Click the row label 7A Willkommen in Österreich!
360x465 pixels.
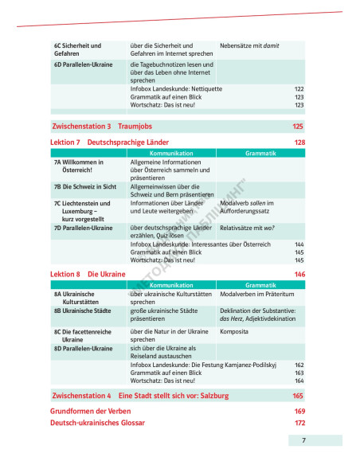[77, 166]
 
